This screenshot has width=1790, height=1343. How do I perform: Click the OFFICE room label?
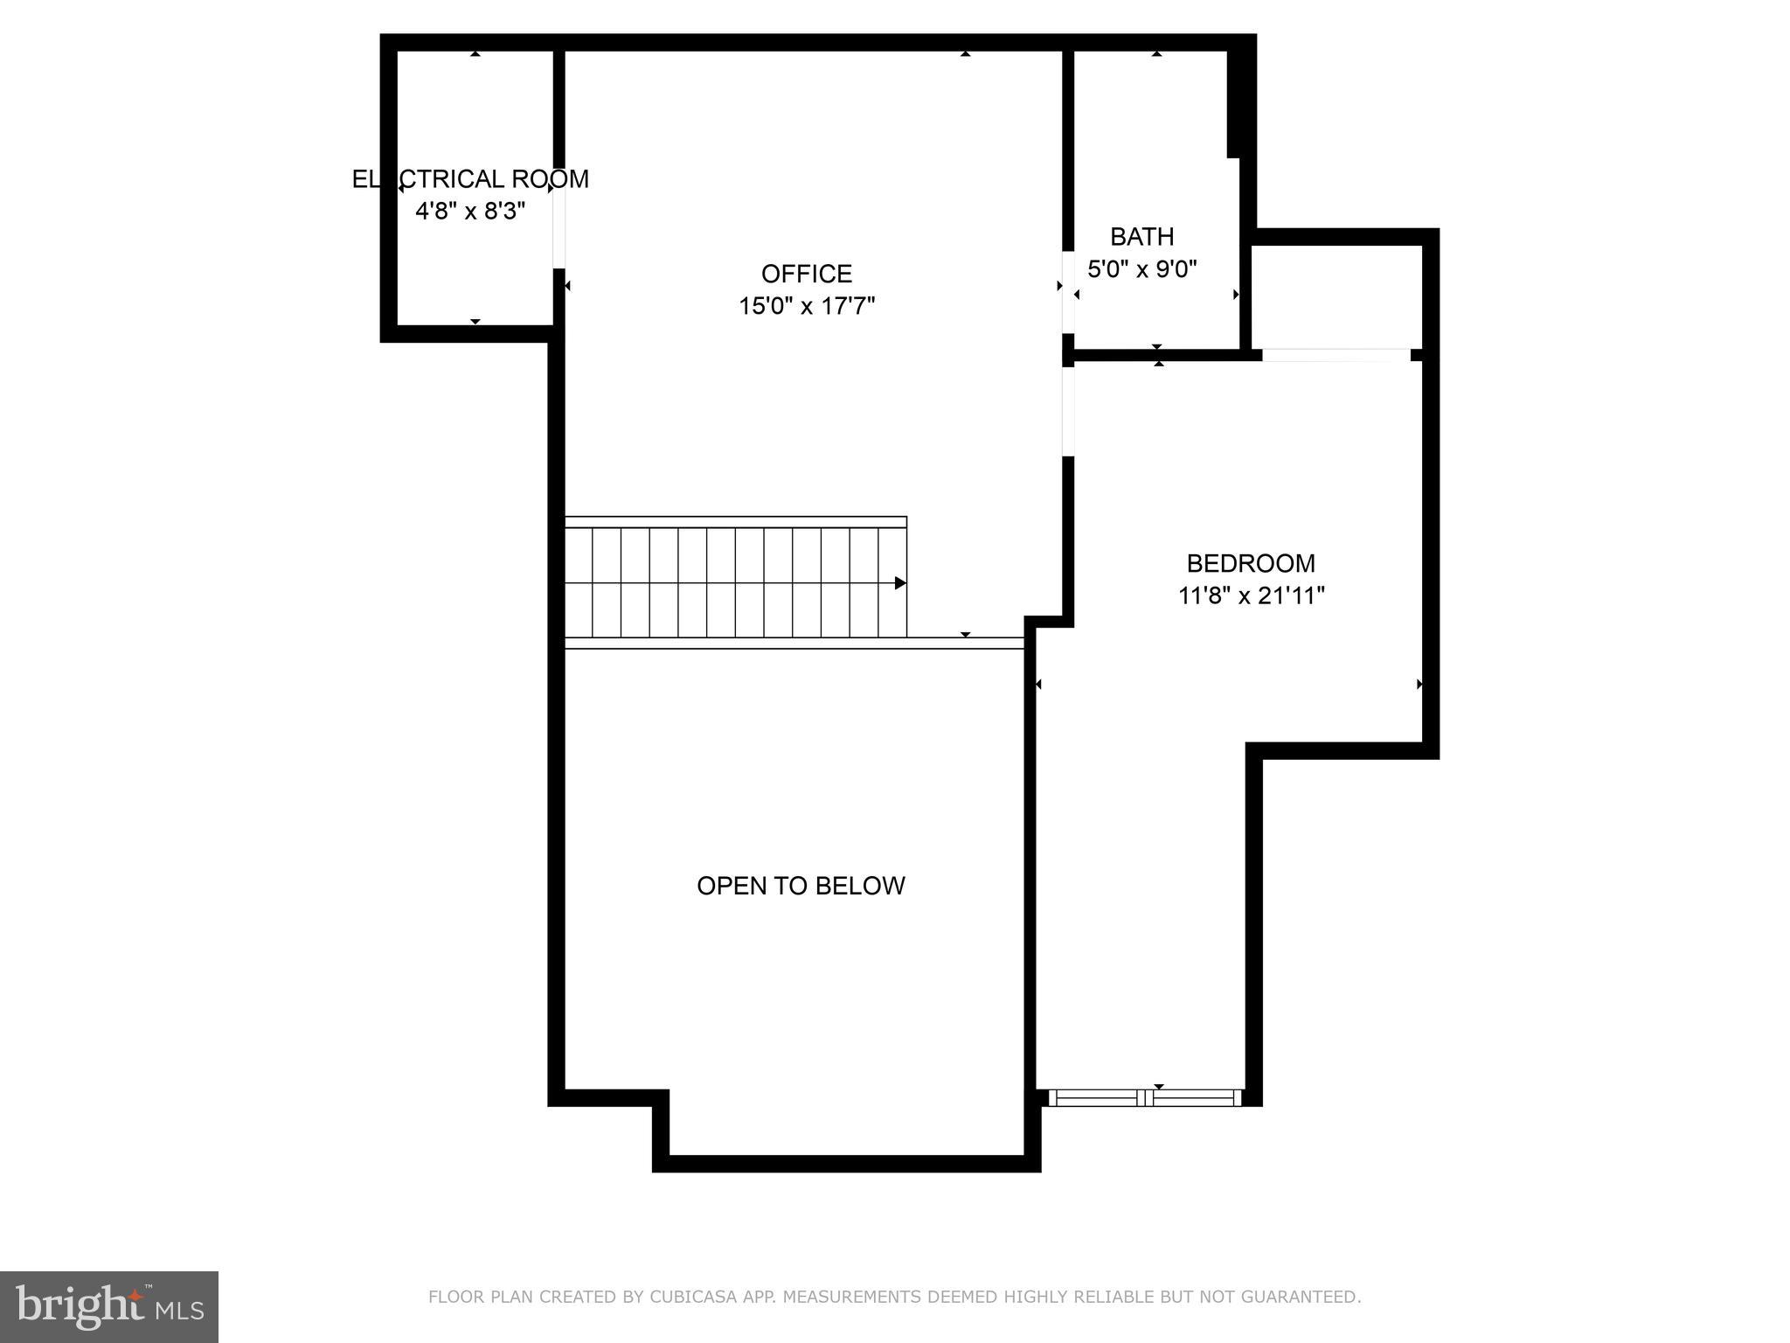806,274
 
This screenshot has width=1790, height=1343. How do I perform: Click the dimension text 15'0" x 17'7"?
806,306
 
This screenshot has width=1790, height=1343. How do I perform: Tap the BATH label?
1141,237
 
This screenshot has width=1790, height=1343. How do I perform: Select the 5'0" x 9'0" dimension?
1141,268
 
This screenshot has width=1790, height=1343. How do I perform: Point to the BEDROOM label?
1250,563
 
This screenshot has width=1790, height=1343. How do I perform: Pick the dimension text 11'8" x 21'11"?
1251,595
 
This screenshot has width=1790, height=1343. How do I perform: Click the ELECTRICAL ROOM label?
470,179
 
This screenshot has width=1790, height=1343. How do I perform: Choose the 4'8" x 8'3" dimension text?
470,211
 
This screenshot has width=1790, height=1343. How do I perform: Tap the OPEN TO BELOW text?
801,886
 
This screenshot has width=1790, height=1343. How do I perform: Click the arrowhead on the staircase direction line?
900,583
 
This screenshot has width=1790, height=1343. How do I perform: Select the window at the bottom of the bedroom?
1144,1097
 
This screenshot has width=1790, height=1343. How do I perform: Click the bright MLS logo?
109,1306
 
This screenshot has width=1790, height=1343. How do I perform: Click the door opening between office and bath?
1068,292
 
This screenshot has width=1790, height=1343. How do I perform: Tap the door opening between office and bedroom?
1068,411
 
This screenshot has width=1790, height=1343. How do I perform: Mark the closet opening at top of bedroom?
1336,355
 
